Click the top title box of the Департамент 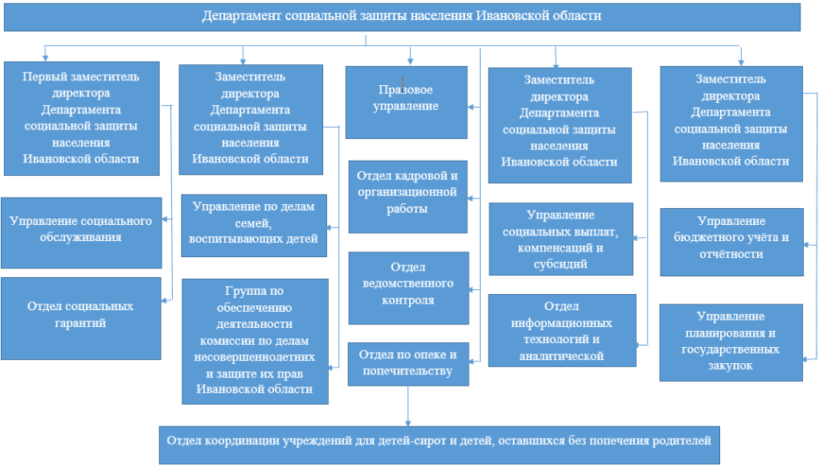point(402,17)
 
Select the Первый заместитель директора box point(82,118)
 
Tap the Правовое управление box point(406,102)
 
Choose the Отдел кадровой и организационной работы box point(407,197)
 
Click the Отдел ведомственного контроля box point(408,288)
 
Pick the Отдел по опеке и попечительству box point(407,364)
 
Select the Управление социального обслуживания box point(81,232)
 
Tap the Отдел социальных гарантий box point(81,318)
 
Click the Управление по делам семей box point(254,226)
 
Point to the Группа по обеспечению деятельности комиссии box point(255,341)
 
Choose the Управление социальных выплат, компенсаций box point(560,239)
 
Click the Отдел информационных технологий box point(562,330)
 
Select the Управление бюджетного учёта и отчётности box point(731,242)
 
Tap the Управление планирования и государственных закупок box point(731,342)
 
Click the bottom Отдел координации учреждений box point(440,445)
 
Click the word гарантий point(80,323)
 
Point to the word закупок point(730,366)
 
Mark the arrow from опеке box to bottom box point(407,407)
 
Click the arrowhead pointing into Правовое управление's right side point(471,107)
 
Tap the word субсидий point(560,264)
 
